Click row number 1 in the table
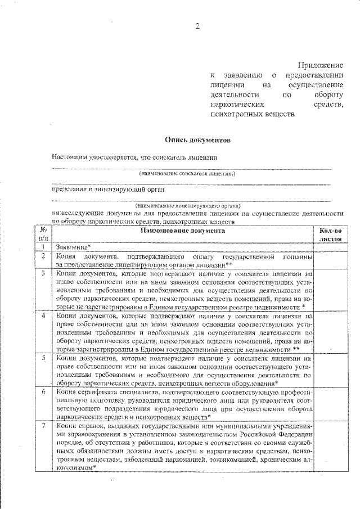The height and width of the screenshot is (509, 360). click(43, 247)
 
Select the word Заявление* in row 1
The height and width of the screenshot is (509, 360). click(73, 247)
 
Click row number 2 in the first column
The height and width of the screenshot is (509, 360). click(43, 256)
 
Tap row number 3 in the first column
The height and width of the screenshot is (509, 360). click(43, 273)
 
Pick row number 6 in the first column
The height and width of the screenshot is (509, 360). click(43, 390)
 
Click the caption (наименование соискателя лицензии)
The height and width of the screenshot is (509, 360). click(187, 174)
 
